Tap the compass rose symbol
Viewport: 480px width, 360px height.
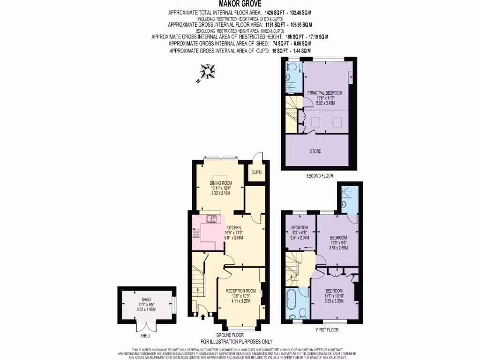click(207, 73)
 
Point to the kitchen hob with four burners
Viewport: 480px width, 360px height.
click(196, 234)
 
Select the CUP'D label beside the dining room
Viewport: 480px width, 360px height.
click(256, 172)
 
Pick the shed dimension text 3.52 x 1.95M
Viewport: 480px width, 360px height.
click(147, 309)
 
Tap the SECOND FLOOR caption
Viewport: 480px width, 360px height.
click(320, 175)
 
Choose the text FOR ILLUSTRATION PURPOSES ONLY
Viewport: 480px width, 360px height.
click(237, 342)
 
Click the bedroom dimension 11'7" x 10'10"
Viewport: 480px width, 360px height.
click(334, 296)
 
